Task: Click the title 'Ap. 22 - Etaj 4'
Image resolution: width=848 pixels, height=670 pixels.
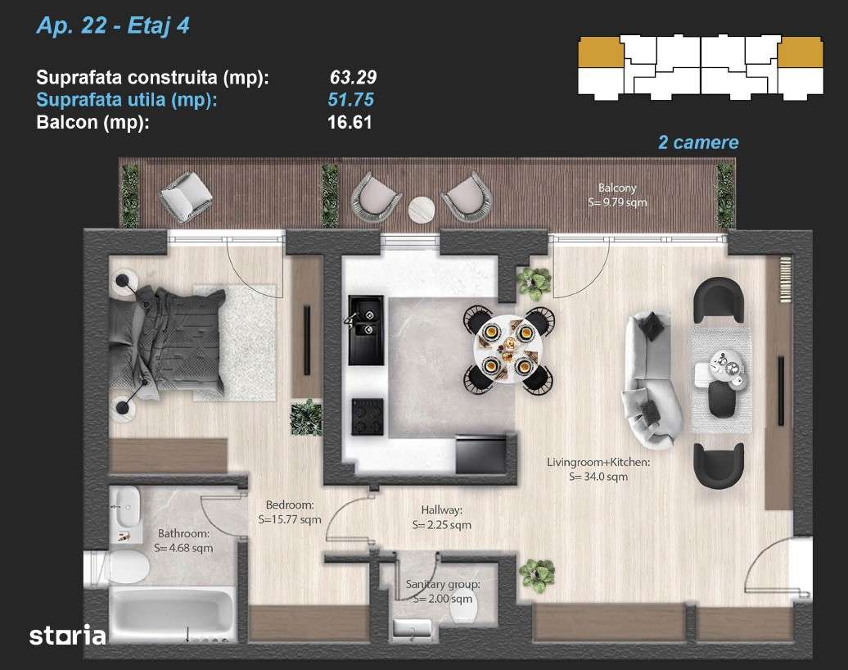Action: [113, 27]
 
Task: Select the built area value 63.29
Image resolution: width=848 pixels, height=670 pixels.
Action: [353, 78]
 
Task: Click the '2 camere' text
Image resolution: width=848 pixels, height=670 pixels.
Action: [698, 143]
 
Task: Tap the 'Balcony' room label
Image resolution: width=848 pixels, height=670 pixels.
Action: [616, 188]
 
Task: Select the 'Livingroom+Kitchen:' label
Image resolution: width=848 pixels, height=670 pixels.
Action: [598, 462]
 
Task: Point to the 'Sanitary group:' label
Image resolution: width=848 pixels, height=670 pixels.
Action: [443, 585]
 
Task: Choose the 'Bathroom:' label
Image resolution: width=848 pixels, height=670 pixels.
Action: [182, 533]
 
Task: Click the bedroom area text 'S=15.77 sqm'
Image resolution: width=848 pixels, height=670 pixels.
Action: [290, 518]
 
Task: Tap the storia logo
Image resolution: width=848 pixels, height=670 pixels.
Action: [67, 635]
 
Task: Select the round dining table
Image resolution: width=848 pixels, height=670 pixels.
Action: [507, 346]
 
